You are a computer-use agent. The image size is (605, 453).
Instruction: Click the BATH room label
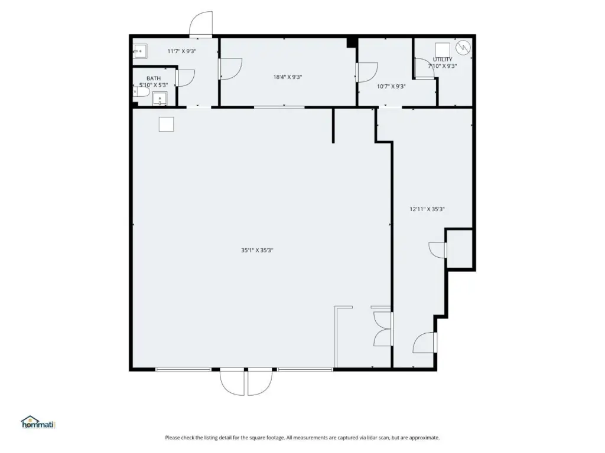coord(154,78)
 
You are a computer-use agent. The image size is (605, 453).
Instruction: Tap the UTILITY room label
coord(442,60)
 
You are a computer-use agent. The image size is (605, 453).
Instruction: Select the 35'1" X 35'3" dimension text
coord(257,250)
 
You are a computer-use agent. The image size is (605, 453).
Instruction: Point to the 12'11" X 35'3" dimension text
coord(427,209)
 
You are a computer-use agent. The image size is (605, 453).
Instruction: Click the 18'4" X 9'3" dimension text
coord(288,77)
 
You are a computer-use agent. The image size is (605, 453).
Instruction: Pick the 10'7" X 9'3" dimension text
coord(391,87)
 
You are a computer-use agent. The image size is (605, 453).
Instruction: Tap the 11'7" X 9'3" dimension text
coord(182,51)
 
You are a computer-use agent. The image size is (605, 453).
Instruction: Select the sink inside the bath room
coord(160,99)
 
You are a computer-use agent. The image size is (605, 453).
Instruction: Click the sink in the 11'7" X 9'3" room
coord(139,51)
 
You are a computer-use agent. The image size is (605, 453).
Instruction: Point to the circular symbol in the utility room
coord(463,47)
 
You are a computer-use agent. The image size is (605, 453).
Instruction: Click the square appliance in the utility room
coord(443,50)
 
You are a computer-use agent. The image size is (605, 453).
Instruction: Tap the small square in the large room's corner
coord(166,124)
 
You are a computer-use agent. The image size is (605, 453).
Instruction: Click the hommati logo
coord(38,422)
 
